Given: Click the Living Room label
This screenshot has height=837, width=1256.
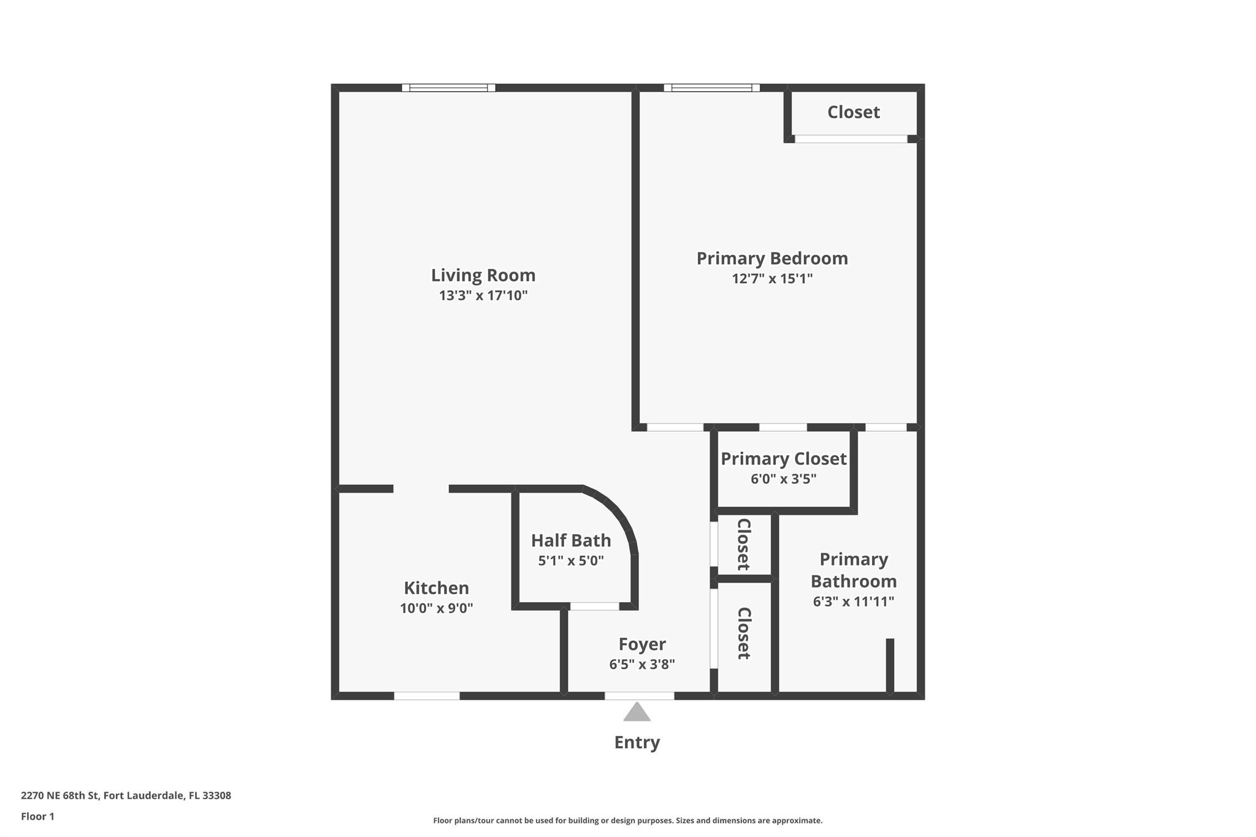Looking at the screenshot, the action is tap(483, 275).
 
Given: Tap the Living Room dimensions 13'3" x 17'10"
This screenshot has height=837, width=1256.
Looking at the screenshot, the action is tap(483, 296).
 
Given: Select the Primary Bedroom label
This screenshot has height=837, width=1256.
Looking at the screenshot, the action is tap(772, 259).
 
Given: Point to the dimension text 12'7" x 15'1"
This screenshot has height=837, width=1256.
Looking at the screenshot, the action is tap(772, 279).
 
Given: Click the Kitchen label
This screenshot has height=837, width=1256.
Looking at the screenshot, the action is tap(436, 588).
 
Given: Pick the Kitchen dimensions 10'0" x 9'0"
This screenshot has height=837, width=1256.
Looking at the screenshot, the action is tap(436, 608).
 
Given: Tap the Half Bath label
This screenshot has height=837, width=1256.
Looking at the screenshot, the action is tap(571, 540).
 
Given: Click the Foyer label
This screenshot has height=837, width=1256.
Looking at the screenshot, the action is tap(642, 644).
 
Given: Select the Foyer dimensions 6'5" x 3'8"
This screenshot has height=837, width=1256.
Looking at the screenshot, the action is tap(642, 664).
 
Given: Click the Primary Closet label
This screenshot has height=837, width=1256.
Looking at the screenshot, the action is tap(784, 459).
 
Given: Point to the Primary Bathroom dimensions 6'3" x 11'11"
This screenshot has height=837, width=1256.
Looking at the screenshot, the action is tap(854, 602).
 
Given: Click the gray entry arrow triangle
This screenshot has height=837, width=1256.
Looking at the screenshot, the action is tap(637, 713).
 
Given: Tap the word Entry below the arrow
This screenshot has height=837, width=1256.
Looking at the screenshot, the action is tap(637, 743).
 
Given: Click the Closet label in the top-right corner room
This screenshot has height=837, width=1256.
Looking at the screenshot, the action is tap(854, 112).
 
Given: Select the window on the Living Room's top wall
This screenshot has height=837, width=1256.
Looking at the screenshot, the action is tap(448, 88).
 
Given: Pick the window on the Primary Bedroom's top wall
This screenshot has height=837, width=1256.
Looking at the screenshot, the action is tap(711, 88).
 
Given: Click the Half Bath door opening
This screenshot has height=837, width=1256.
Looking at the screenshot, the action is tap(594, 606).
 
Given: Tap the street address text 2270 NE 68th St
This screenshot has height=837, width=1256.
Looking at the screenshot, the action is tap(60, 796).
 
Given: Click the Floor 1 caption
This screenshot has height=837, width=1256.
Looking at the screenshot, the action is tap(37, 817).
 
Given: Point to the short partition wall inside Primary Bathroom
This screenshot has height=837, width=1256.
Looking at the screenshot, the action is tap(890, 666).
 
